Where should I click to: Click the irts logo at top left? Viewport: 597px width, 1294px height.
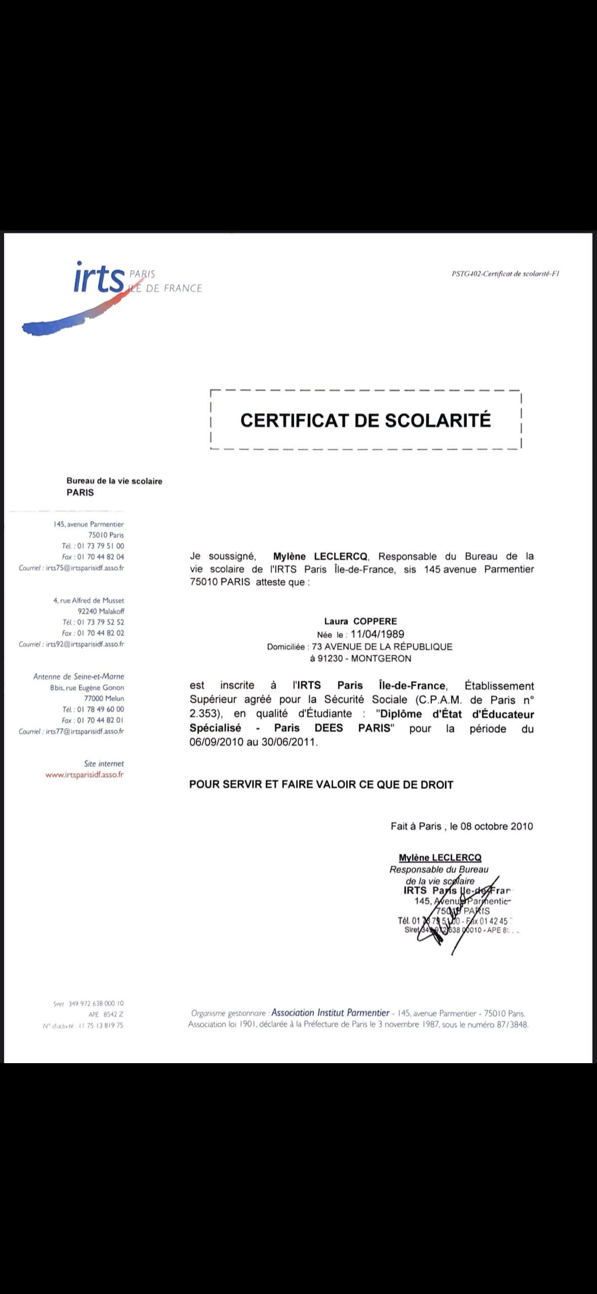99,278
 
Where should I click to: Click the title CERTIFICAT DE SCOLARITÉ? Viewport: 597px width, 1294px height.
365,420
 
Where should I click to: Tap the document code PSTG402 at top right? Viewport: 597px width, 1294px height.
505,274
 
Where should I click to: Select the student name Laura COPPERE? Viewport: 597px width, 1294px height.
361,621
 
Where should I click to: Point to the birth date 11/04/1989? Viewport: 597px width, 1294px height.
377,634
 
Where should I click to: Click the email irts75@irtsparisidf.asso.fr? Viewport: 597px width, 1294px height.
85,568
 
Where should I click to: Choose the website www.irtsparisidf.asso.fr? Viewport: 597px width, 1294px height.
85,774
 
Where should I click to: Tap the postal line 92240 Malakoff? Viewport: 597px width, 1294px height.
101,611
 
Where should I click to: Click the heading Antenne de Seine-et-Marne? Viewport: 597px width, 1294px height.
78,676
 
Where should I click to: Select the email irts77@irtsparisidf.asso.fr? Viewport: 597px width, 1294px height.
85,731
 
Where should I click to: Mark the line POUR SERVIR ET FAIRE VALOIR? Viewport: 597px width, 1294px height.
321,785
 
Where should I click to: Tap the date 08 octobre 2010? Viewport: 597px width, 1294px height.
496,826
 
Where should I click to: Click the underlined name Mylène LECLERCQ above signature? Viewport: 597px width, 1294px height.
440,858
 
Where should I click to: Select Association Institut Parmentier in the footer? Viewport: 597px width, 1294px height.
330,1013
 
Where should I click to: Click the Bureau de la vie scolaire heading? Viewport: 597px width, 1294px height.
114,481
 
